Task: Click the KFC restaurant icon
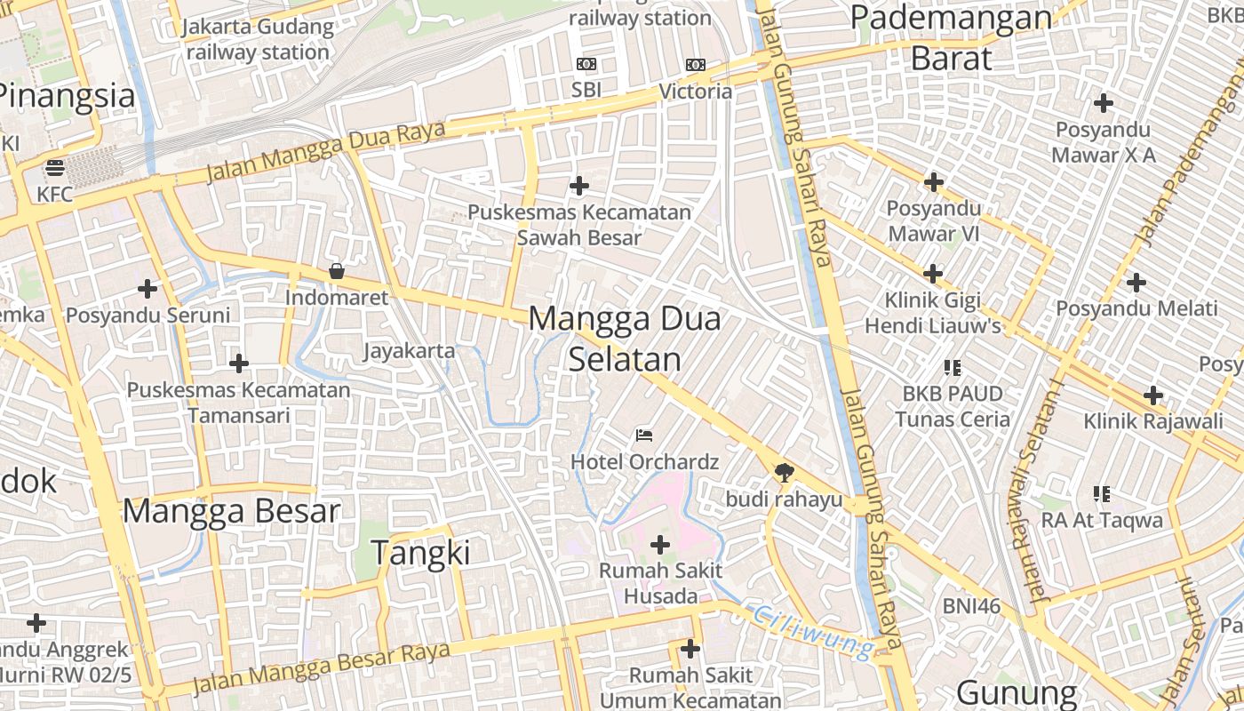point(55,167)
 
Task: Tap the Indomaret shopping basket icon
point(337,271)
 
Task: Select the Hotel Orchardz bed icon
point(644,435)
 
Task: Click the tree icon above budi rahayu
point(784,472)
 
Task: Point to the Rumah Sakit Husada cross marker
point(660,544)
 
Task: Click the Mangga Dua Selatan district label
point(625,339)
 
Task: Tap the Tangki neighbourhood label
point(420,553)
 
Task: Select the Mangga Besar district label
point(231,511)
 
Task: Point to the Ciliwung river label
point(813,631)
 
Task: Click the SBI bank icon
point(586,64)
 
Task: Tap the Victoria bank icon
point(696,64)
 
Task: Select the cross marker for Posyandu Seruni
point(148,289)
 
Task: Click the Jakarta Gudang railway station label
point(259,39)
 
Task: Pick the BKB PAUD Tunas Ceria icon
point(953,366)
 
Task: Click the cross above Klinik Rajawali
point(1153,395)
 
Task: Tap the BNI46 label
point(971,606)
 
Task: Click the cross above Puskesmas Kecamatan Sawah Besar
point(579,186)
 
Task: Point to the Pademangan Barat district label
point(951,37)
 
